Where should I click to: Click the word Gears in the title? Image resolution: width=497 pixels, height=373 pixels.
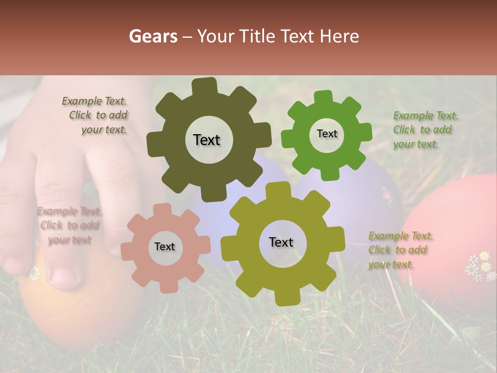[153, 36]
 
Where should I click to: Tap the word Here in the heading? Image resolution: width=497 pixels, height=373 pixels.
[340, 36]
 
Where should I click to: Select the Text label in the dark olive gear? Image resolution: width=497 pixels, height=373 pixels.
[207, 140]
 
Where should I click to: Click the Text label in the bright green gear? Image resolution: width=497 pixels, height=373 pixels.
[327, 134]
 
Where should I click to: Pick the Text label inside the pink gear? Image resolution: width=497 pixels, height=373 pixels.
[165, 247]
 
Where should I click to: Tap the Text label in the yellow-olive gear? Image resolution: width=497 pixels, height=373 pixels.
[281, 242]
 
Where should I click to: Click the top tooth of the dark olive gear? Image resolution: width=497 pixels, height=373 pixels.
[204, 86]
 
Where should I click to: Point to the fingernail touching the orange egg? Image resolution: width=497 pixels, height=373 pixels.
[64, 277]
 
